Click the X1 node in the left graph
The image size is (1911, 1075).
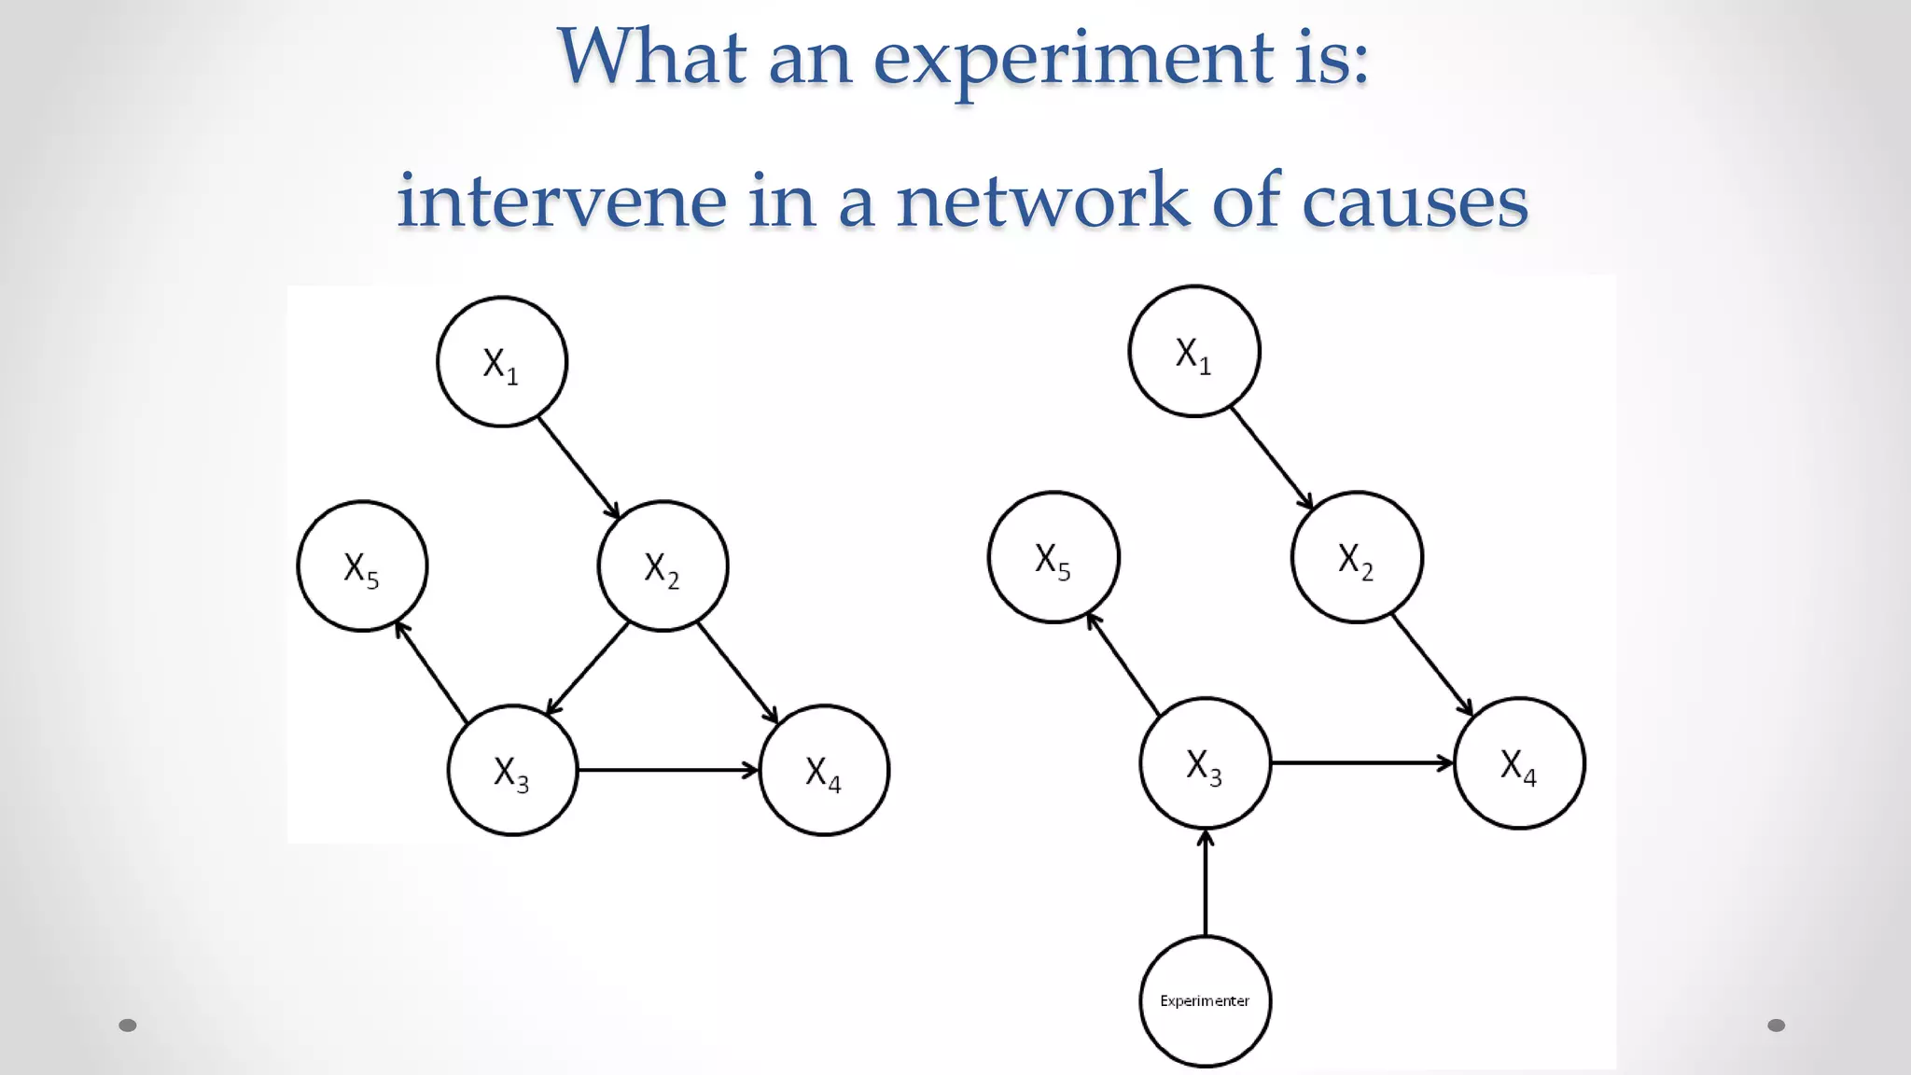click(x=502, y=362)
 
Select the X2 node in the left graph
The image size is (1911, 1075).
click(x=663, y=566)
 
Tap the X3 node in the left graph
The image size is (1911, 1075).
click(x=512, y=771)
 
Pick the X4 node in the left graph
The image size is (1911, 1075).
click(x=824, y=771)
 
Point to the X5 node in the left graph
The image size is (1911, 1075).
click(x=362, y=566)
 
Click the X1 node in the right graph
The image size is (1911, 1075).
click(x=1194, y=352)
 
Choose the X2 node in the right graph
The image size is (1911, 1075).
click(x=1357, y=557)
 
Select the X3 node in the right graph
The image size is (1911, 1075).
click(x=1205, y=763)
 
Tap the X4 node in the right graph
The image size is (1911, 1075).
click(x=1519, y=763)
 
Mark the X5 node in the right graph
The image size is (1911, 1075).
click(x=1053, y=557)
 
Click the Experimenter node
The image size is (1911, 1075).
click(x=1205, y=1001)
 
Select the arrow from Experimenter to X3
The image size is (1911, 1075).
click(x=1205, y=883)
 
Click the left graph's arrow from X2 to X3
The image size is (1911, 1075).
click(x=588, y=668)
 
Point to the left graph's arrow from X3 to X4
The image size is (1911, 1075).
click(x=667, y=771)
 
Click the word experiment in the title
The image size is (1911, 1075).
click(x=1073, y=58)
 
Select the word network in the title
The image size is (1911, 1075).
click(x=1043, y=201)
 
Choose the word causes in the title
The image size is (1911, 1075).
click(x=1415, y=201)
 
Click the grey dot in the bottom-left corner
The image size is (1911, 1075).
click(x=128, y=1026)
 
